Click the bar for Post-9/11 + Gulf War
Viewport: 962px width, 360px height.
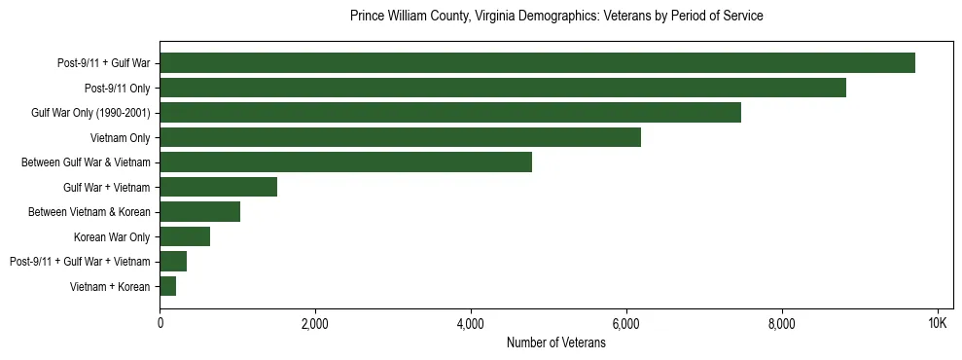click(537, 63)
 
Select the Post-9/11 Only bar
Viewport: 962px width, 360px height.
click(503, 88)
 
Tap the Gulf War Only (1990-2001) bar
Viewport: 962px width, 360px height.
click(450, 113)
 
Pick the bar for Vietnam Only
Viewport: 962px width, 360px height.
click(400, 137)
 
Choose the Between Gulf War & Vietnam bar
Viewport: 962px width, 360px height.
click(345, 162)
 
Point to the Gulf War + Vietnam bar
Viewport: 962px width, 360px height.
click(218, 187)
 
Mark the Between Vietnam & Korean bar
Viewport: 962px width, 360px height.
click(199, 212)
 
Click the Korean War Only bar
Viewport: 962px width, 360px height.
click(185, 236)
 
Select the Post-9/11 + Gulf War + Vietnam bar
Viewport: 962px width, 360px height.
click(173, 262)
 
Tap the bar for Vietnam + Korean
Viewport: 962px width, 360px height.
click(167, 286)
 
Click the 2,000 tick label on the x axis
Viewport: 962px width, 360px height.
click(315, 323)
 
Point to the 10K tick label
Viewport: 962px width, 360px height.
click(938, 323)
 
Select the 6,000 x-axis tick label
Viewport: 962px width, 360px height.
click(626, 323)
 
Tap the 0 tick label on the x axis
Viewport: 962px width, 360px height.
click(160, 323)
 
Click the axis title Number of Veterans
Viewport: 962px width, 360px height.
click(555, 342)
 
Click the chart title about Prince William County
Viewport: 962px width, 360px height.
click(555, 17)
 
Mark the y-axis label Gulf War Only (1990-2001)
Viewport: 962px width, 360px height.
click(90, 113)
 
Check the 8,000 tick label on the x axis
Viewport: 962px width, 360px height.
click(782, 323)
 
